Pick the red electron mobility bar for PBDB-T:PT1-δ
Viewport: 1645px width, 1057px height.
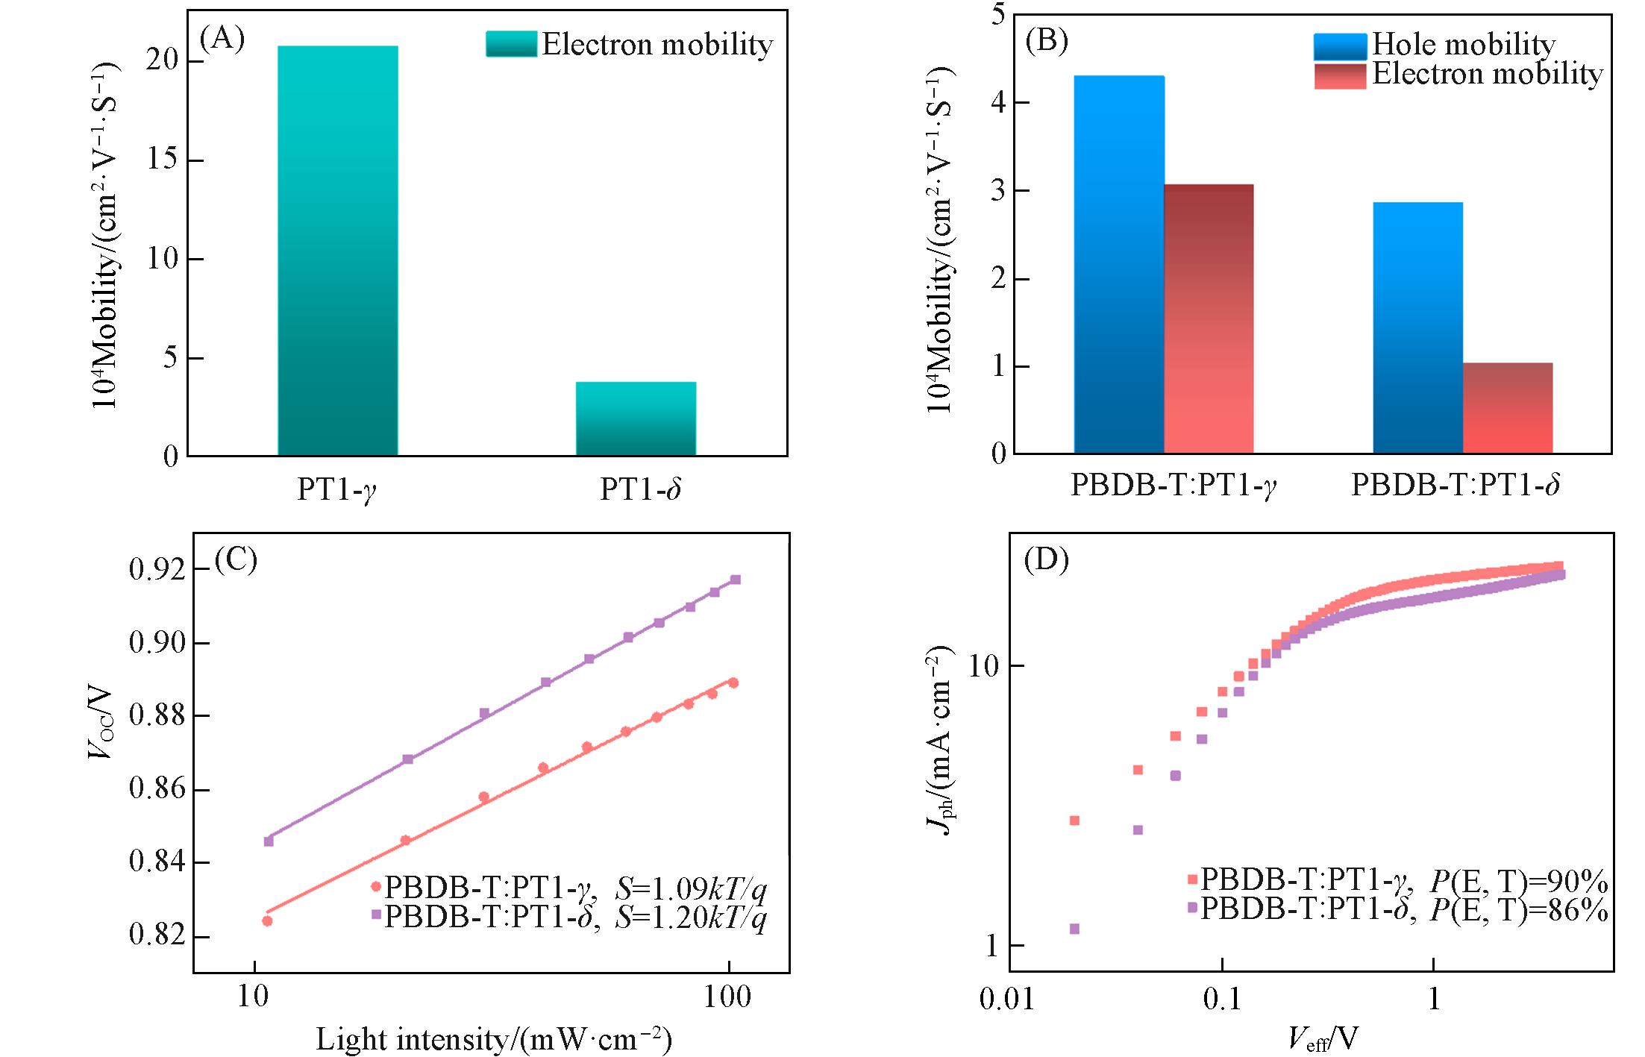1507,408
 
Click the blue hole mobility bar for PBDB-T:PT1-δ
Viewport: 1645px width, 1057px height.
1417,327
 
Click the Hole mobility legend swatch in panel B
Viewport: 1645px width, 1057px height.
1340,46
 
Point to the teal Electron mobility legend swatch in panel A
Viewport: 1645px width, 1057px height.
511,44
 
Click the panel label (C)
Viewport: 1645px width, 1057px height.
236,559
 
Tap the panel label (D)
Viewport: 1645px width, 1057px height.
1046,559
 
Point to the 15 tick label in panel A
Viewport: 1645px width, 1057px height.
162,159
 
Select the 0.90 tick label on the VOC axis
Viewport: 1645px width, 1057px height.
157,642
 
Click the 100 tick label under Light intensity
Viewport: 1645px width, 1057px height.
727,997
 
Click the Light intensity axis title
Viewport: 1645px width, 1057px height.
494,1039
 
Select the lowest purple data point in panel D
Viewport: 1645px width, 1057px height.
1074,929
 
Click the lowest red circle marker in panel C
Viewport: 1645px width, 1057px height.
267,920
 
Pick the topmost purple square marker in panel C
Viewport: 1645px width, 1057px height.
735,580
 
